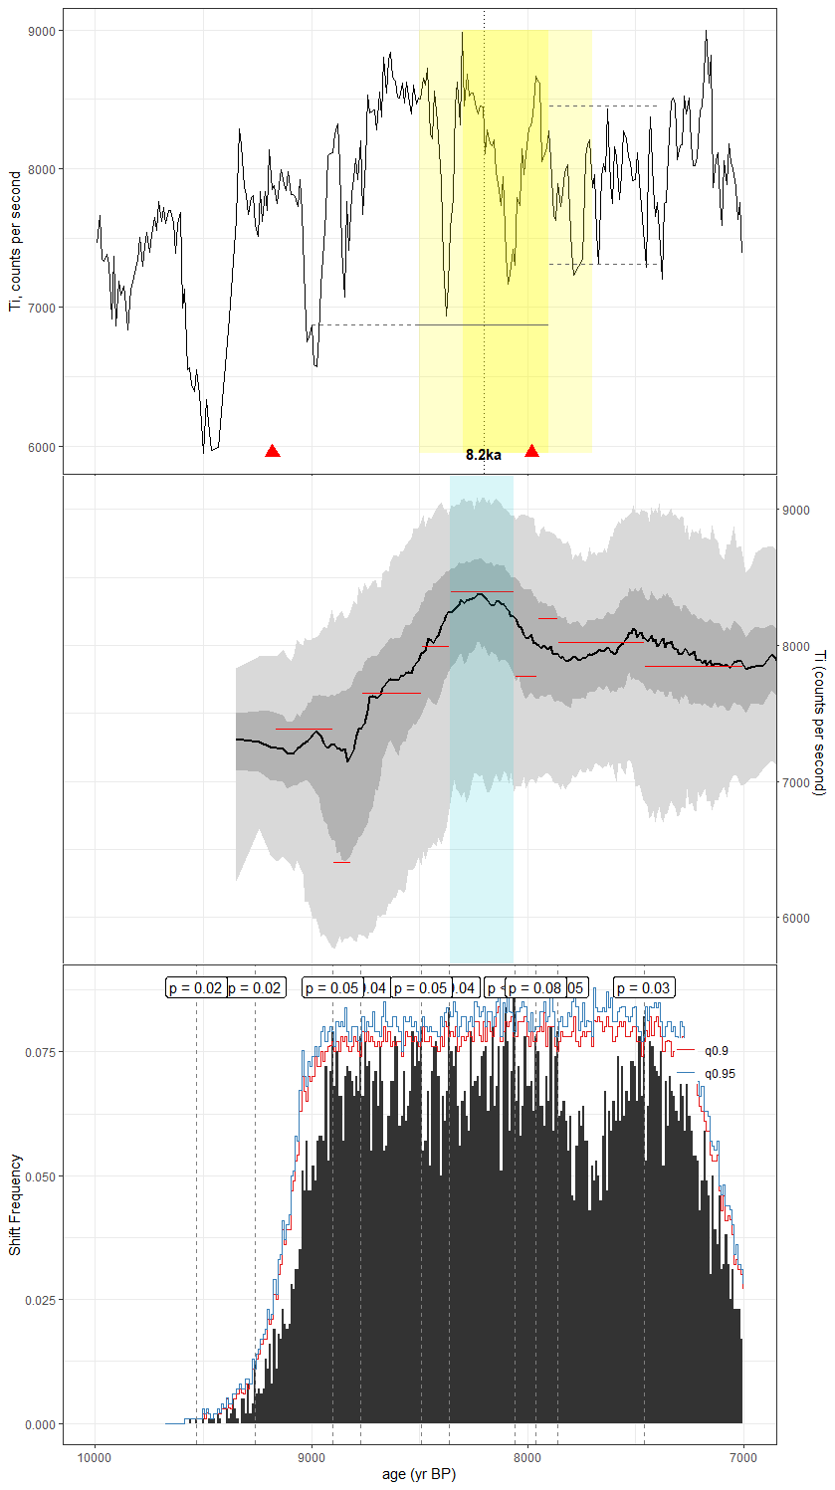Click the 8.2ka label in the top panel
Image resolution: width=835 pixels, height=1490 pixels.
483,455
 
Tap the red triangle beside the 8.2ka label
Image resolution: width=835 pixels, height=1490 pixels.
531,451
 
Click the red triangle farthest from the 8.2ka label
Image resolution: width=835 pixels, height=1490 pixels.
273,451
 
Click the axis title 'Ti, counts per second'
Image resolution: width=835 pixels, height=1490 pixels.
15,241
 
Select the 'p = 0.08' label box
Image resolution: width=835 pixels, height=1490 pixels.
534,987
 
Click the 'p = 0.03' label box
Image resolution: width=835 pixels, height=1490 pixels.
644,987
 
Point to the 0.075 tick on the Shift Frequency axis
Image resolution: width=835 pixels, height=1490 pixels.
38,1051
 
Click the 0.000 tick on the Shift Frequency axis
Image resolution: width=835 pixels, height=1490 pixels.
38,1424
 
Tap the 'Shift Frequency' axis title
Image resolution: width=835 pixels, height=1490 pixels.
15,1204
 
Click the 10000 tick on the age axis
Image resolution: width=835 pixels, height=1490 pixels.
96,1454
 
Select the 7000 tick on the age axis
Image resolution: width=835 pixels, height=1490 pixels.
743,1454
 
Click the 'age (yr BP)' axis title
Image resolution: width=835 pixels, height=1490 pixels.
419,1474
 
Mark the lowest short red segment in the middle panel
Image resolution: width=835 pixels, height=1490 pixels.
341,862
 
